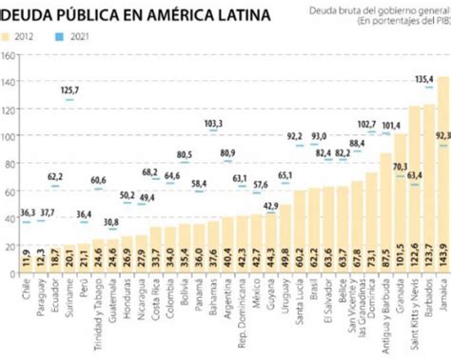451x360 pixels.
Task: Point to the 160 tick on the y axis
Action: pos(9,54)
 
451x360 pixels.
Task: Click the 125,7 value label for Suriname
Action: pos(70,90)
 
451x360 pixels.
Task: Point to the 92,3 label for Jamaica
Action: pos(442,136)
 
